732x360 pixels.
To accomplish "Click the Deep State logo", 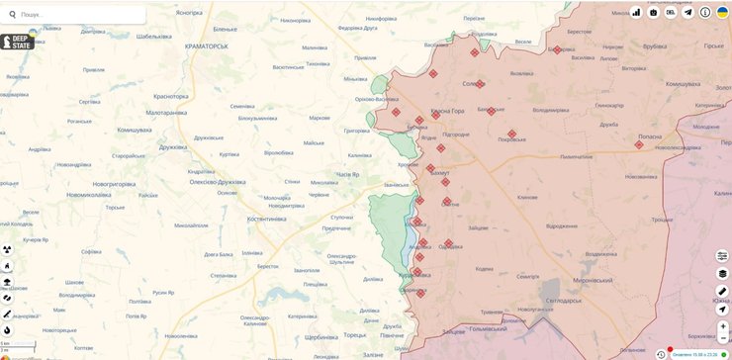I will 18,42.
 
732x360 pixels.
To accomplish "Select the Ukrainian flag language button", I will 722,13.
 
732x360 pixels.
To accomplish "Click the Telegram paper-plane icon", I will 687,13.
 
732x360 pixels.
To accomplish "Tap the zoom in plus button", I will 722,325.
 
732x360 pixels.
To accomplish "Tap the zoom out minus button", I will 722,338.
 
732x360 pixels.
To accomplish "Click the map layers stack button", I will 722,273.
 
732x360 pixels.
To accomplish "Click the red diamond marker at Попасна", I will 639,145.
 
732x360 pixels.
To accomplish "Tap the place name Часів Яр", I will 354,174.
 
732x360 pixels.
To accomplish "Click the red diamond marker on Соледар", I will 480,84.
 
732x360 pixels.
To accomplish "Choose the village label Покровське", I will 511,139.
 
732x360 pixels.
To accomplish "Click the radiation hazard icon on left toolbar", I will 7,249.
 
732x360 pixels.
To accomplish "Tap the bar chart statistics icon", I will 635,13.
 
